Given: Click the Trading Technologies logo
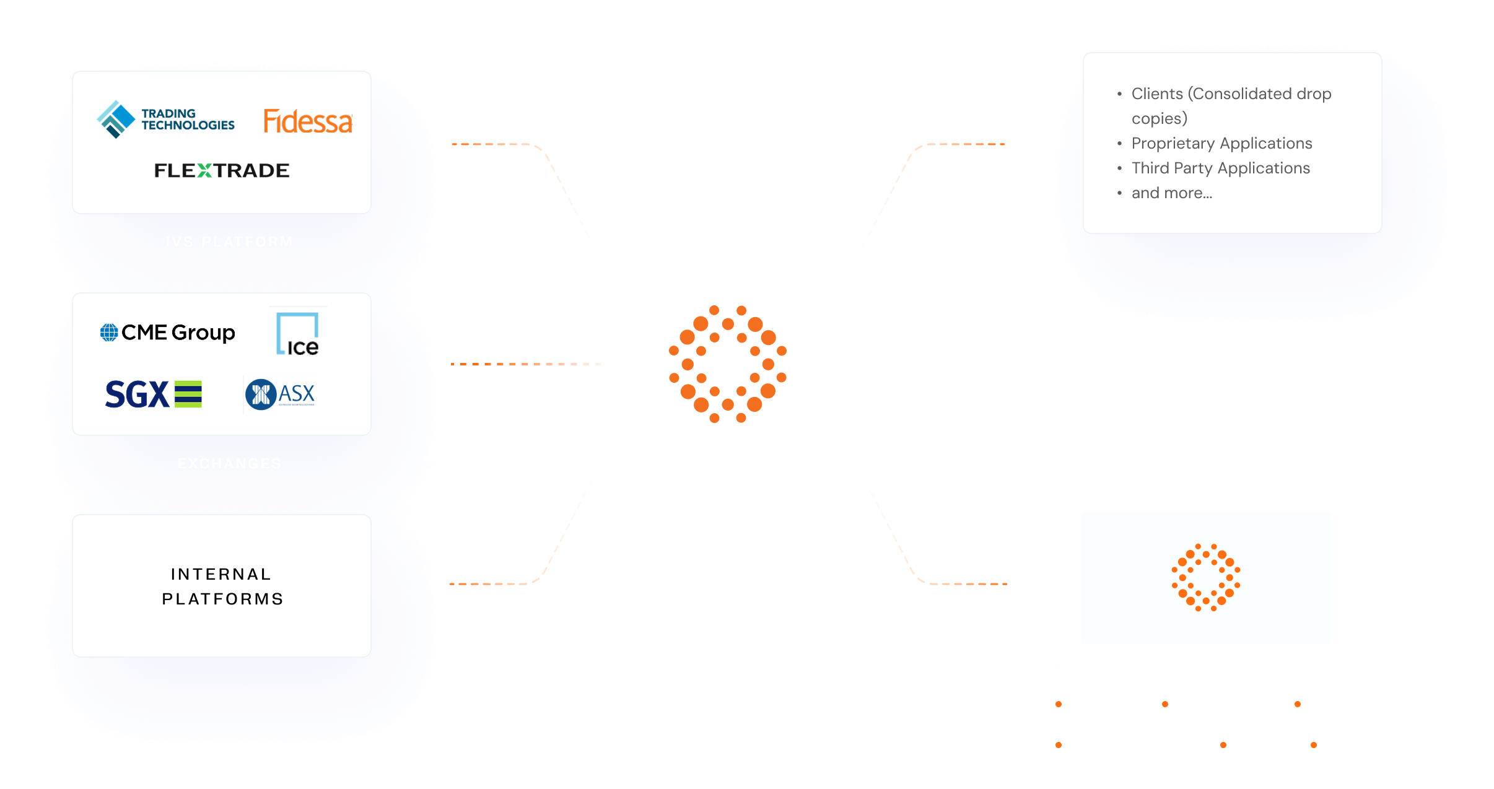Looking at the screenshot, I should click(166, 119).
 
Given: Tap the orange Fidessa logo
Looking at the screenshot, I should click(308, 121).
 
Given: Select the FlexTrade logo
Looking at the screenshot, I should click(222, 170).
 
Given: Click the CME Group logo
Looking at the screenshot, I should click(168, 333).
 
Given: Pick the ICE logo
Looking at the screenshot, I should click(298, 334).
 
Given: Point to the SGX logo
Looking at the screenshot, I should click(153, 394).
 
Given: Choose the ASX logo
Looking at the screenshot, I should click(281, 394).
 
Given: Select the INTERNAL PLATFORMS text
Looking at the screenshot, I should click(222, 586).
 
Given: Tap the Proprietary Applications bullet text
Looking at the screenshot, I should click(1221, 143).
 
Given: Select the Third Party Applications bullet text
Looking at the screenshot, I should click(1220, 168).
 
